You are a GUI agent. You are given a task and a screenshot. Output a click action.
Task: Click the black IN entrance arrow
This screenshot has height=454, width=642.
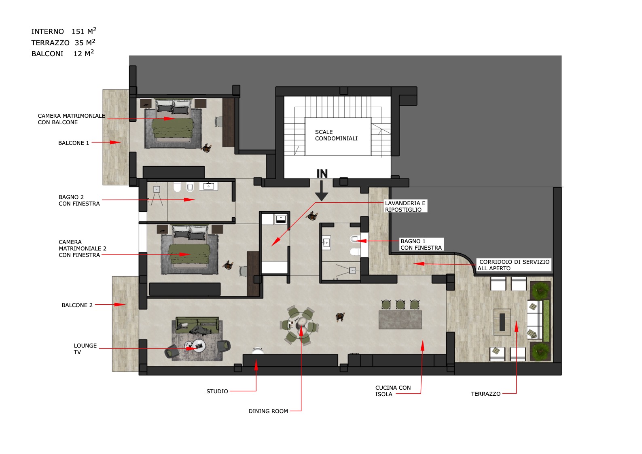(x=322, y=191)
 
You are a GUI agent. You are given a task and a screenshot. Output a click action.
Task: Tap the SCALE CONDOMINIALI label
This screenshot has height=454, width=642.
(x=336, y=135)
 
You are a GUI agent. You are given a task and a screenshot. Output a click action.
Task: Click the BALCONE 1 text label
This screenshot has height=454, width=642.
(x=74, y=143)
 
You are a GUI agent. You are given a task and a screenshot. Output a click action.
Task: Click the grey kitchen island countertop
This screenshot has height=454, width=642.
(x=400, y=320)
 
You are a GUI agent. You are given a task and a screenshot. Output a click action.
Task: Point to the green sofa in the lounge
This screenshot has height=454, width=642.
(x=197, y=325)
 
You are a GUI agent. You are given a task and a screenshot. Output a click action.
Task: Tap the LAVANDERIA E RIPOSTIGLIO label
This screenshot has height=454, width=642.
(x=405, y=206)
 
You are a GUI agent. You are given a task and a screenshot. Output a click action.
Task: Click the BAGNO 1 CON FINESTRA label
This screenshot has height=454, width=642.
(x=421, y=244)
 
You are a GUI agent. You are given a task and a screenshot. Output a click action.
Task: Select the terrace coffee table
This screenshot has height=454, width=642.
(x=502, y=322)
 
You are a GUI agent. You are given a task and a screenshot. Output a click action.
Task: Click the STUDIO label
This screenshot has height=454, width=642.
(x=217, y=392)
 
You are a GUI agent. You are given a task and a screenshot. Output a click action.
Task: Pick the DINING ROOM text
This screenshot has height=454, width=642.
(x=268, y=411)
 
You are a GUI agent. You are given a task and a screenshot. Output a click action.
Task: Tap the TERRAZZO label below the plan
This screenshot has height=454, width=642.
(x=485, y=394)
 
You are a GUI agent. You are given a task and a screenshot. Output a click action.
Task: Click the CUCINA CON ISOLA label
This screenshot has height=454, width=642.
(x=393, y=391)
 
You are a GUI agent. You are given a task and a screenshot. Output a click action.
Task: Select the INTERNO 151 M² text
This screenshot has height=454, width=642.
(x=64, y=31)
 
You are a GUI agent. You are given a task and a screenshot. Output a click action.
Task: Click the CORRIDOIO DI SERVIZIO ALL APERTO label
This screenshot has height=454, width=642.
(x=514, y=265)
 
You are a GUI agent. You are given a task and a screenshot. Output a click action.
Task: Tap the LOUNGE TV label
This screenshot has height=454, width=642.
(x=85, y=349)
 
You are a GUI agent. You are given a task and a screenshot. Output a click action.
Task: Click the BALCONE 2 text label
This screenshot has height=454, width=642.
(x=77, y=305)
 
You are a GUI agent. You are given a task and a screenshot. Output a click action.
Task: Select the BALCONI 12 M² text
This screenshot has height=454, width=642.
(x=62, y=53)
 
